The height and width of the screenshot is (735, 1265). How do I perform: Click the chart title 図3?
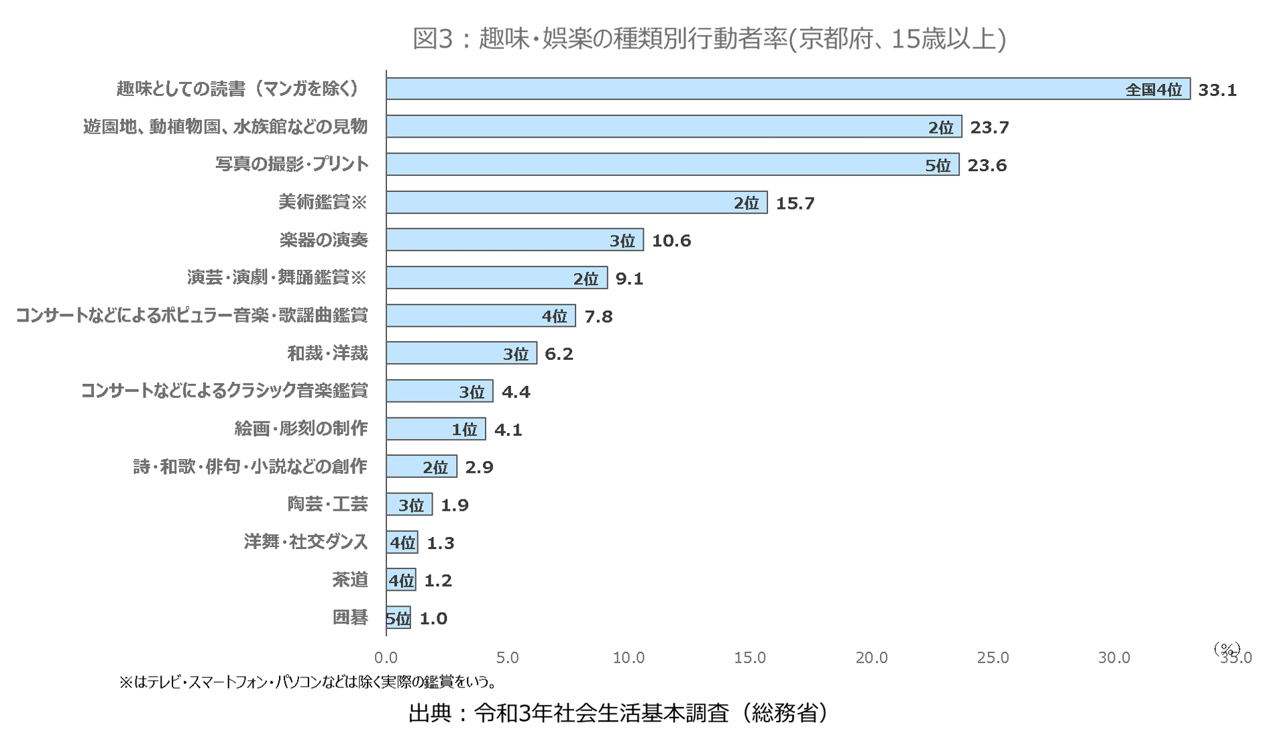tap(709, 39)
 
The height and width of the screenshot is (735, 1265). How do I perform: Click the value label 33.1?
tap(1217, 90)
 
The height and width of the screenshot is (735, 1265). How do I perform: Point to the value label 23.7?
tap(989, 128)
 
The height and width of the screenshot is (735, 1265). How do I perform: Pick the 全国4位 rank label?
tap(1153, 90)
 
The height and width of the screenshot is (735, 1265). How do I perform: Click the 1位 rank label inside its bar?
tap(464, 430)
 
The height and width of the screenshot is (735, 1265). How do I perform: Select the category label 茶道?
tap(350, 580)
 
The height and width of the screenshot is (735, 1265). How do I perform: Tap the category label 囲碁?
tap(350, 618)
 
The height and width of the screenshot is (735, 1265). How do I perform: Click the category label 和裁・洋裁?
tap(327, 354)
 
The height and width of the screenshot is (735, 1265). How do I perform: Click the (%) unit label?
tap(1227, 648)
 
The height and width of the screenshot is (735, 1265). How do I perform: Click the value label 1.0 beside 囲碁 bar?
tap(433, 618)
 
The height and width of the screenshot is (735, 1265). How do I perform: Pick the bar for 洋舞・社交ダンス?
tap(402, 542)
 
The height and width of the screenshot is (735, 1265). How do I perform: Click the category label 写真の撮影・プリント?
tap(292, 164)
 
